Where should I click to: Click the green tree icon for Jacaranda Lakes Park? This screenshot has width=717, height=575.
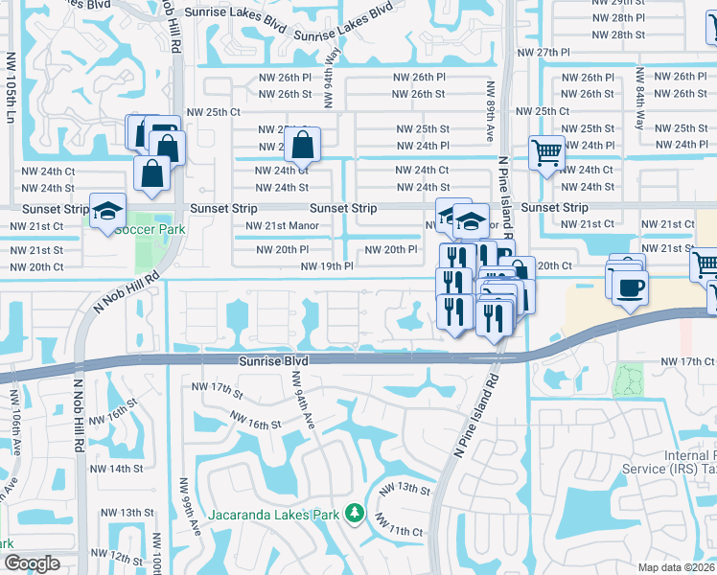(354, 515)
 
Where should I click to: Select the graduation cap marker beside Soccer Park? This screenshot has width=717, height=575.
(107, 212)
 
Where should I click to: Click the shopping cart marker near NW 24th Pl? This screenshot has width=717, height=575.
(546, 152)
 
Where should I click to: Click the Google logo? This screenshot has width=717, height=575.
(32, 563)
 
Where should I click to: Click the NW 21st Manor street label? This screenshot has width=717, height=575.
(282, 226)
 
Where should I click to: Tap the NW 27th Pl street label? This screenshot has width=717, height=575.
(544, 53)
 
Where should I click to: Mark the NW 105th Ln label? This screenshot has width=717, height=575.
(12, 96)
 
